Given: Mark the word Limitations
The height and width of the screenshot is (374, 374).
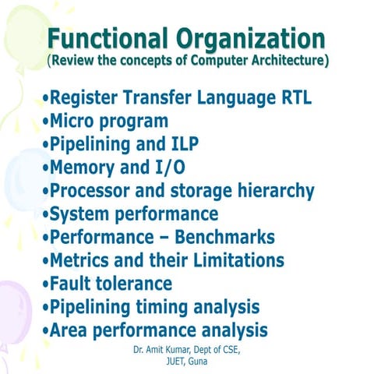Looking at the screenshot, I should (235, 260).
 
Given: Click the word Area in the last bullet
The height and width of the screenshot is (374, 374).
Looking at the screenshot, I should (69, 329).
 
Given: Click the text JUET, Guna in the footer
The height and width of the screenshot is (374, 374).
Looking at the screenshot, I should (187, 362).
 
